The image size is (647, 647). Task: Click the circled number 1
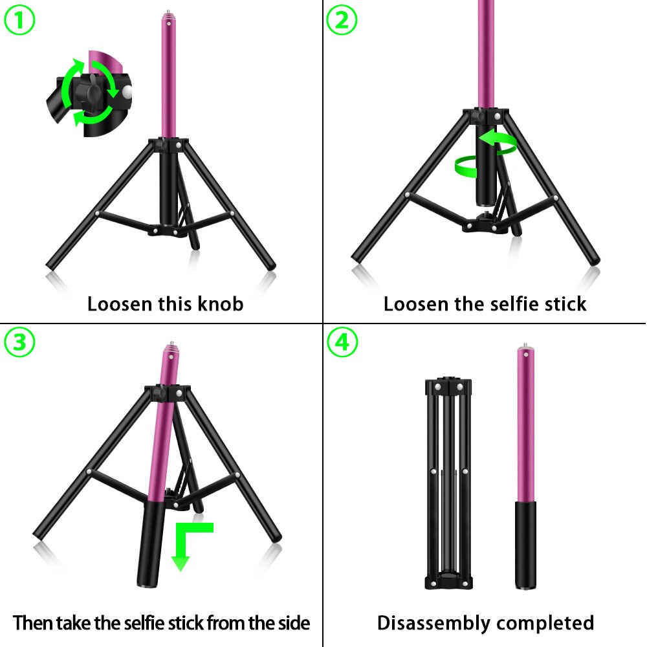19,21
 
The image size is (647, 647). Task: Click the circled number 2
341,21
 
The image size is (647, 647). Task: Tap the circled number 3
19,342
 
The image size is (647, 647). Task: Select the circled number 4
342,342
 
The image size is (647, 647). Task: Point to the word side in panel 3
289,623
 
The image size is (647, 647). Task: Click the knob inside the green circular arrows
87,94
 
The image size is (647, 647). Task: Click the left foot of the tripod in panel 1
52,265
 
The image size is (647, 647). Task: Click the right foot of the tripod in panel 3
277,537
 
